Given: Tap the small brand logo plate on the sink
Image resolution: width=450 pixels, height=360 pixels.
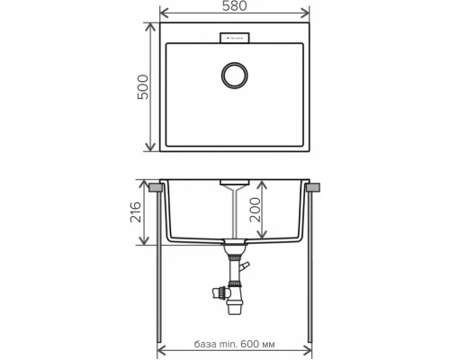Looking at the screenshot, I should click(x=235, y=36).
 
